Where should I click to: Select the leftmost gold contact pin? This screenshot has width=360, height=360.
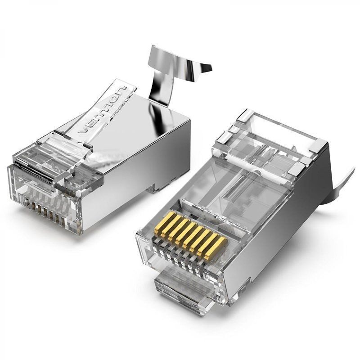[x=159, y=227]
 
